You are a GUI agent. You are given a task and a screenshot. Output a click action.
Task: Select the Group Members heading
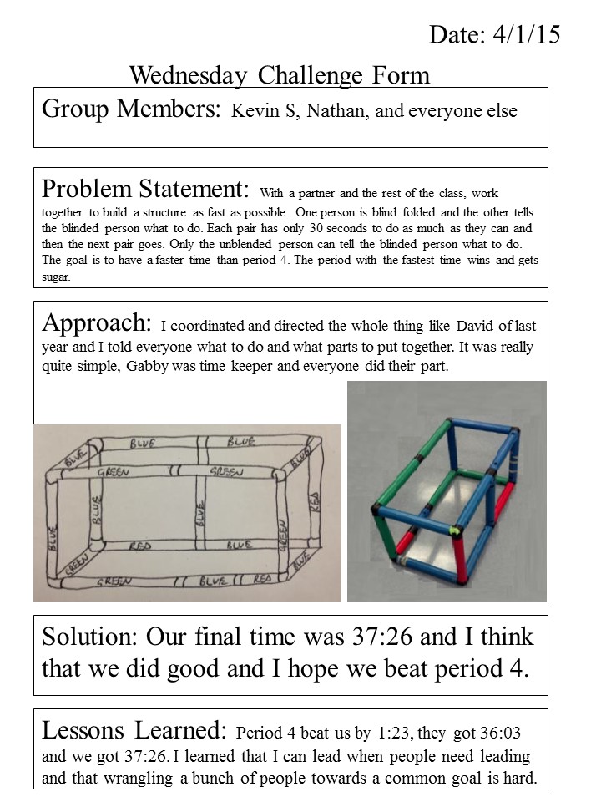click(x=131, y=109)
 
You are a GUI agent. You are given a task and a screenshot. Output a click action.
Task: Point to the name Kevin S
click(x=265, y=111)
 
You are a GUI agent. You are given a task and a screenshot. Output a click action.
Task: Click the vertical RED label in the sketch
click(x=314, y=501)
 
